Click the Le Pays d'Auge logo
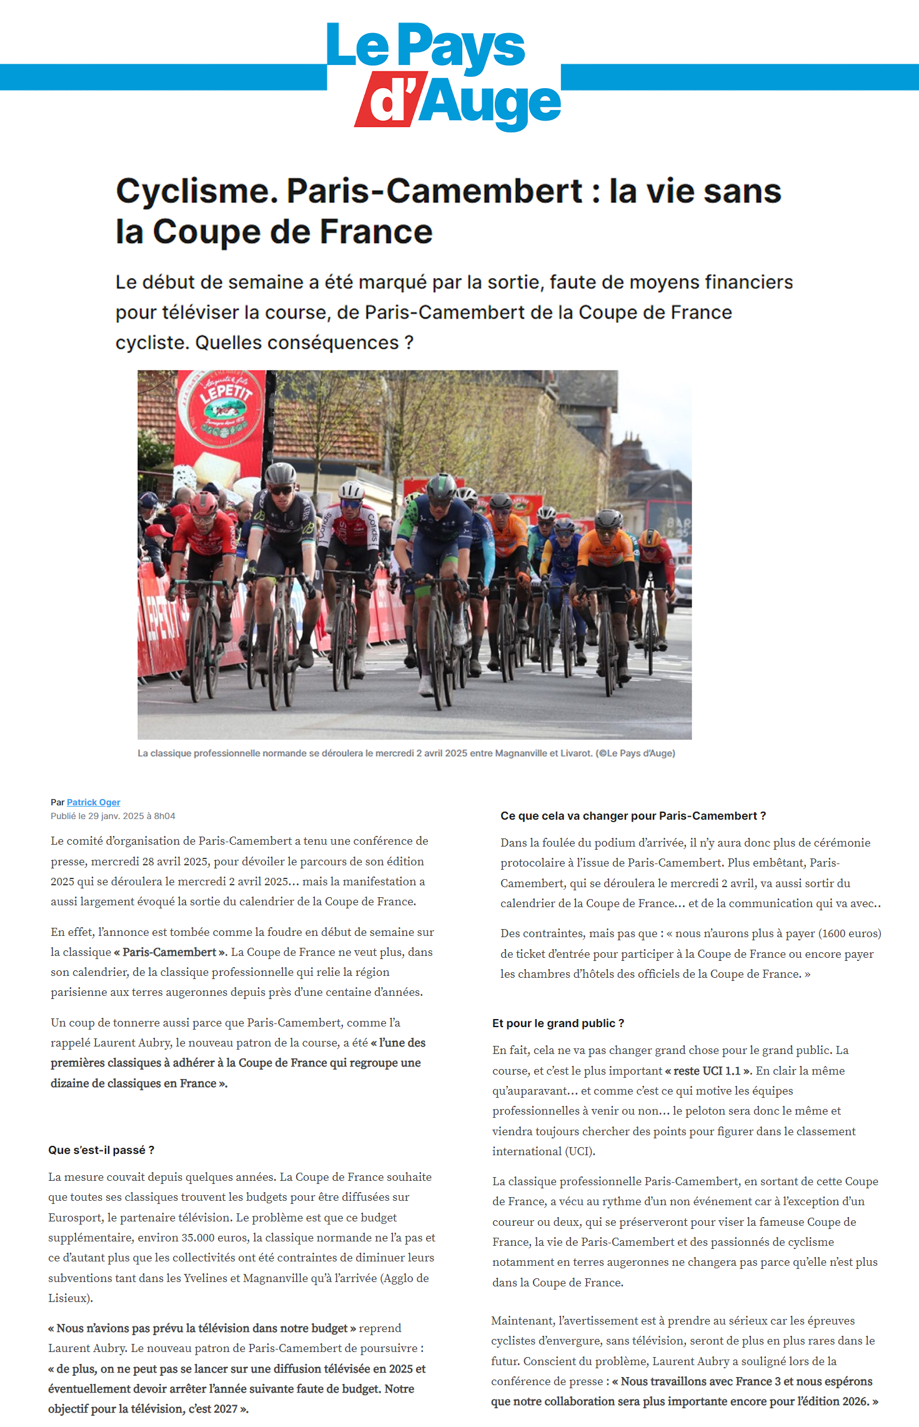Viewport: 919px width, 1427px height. tap(443, 76)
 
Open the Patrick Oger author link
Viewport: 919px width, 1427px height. tap(93, 802)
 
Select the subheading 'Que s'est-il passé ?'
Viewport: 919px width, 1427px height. tap(101, 1150)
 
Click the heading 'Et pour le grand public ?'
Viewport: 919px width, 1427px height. tap(558, 1023)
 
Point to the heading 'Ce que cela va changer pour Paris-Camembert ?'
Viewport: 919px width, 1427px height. tap(633, 816)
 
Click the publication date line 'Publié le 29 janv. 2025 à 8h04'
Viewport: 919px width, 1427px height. tap(113, 816)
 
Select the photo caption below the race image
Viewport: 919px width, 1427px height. tap(406, 753)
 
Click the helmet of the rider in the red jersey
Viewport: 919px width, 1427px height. tap(204, 504)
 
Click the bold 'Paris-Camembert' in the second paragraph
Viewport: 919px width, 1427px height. tap(169, 952)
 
